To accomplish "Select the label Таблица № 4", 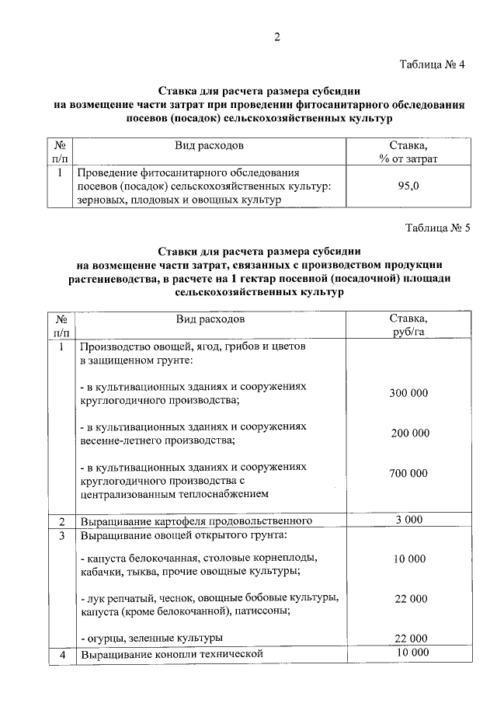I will coord(432,64).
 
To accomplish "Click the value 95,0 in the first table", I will coord(408,186).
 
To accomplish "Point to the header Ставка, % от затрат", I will coord(408,151).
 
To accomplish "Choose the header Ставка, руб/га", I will coord(408,325).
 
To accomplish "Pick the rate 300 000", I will coord(408,393).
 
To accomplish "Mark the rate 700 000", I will coord(408,473).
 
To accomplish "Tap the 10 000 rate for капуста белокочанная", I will coord(408,559).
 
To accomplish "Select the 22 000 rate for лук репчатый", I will coord(408,598).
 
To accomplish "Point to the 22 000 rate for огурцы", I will coord(408,638).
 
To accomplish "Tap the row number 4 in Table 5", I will coord(61,654).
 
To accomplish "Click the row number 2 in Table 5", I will coord(61,520).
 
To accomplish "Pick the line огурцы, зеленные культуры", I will coord(151,638).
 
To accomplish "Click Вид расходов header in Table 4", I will coord(210,145).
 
